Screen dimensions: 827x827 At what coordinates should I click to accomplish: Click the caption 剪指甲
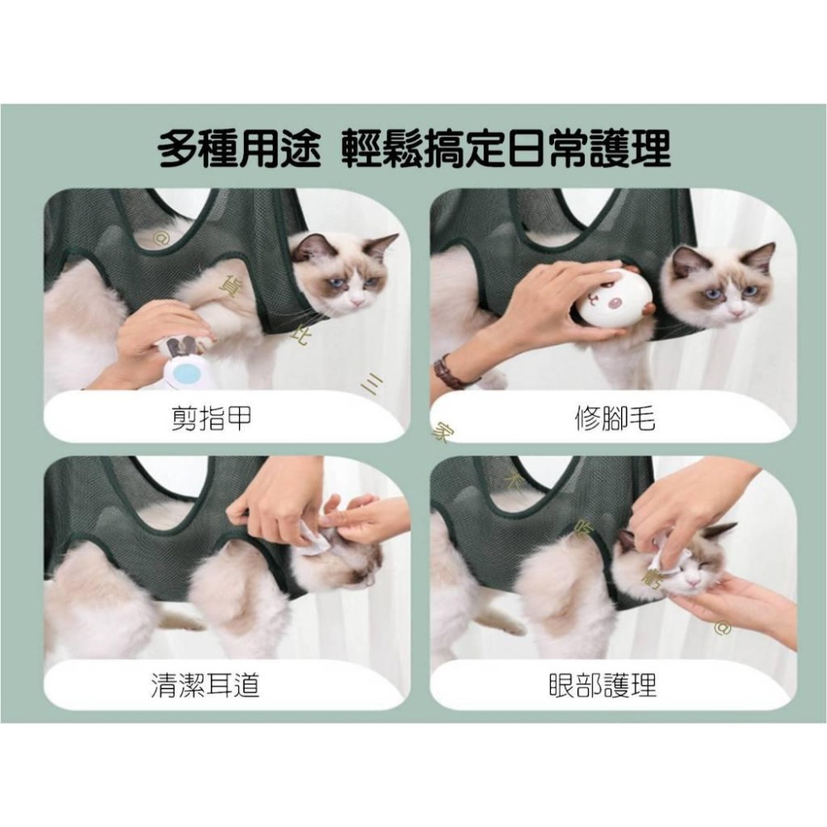(206, 421)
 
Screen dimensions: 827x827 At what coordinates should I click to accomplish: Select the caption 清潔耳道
(206, 686)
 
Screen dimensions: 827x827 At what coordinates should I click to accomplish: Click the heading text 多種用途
(238, 150)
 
